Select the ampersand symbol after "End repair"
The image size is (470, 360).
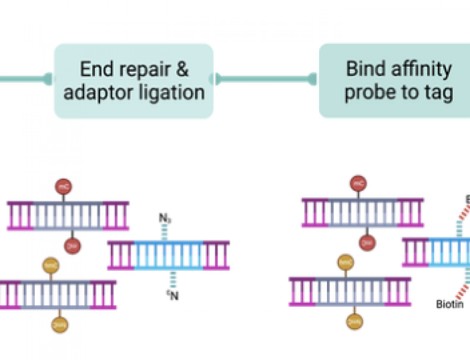181,69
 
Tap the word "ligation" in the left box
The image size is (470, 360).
174,92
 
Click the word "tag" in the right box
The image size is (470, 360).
439,92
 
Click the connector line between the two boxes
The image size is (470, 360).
266,78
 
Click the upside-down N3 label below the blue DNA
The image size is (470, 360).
172,296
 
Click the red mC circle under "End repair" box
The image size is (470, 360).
64,186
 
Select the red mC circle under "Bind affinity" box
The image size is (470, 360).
359,183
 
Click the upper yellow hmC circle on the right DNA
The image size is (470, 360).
345,262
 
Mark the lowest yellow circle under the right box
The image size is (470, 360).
354,321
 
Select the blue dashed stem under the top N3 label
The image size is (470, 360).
164,232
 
